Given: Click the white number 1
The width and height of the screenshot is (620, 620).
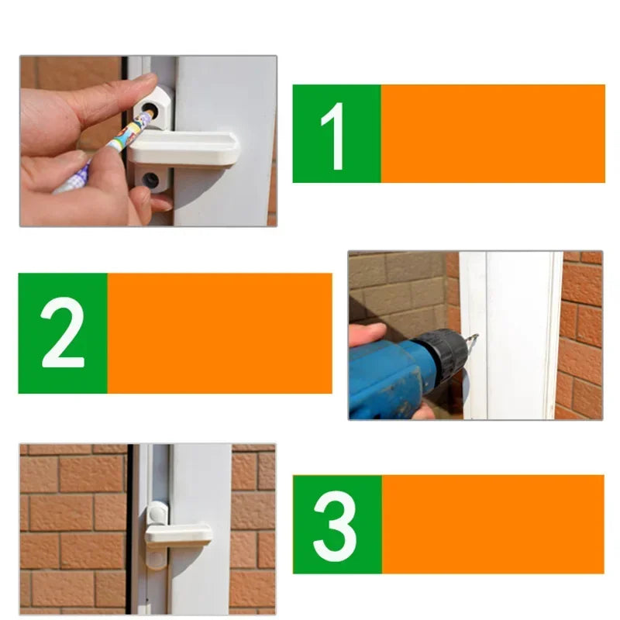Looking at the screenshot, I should pos(334,135).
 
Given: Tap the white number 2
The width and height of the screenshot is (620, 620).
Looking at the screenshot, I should pos(63,332).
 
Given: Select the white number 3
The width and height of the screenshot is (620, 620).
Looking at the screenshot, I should pos(336,525).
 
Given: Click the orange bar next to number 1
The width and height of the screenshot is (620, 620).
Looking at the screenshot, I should pos(492,133).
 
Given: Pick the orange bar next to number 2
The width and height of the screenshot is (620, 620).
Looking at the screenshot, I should pos(219,332).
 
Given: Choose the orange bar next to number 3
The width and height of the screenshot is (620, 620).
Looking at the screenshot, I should pos(492,524).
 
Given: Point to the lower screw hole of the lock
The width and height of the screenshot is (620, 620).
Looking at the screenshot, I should pos(150,180).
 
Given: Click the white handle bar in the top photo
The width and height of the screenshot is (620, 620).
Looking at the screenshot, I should pos(186,147).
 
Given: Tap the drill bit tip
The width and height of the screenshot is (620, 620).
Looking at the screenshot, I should pos(474,338).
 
